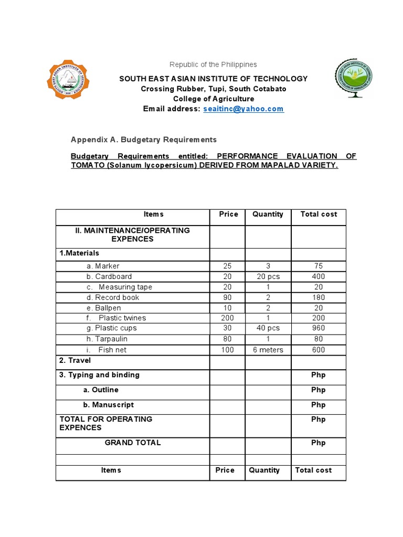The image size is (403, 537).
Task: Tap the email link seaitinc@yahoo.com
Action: (243, 109)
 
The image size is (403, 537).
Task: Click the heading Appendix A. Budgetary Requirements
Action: (144, 139)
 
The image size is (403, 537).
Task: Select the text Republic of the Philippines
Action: (213, 65)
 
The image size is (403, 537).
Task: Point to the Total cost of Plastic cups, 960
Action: (318, 328)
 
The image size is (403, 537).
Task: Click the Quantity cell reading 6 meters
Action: (268, 350)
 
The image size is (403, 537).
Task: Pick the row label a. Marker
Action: (103, 266)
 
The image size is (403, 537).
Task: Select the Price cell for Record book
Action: (227, 297)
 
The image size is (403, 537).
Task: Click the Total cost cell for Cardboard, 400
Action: (318, 276)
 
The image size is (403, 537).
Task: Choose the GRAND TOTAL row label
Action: (133, 443)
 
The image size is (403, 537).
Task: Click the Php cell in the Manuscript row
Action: (318, 405)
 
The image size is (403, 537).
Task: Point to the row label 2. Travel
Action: (75, 360)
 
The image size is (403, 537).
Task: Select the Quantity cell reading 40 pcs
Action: (268, 328)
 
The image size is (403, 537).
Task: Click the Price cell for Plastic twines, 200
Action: (227, 318)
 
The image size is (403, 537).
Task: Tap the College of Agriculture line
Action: (214, 99)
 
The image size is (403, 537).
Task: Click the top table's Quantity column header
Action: (268, 214)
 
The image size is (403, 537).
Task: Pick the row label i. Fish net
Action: (107, 350)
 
